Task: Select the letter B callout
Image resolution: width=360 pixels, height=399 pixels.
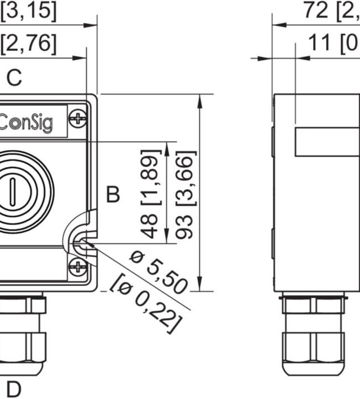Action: point(113,195)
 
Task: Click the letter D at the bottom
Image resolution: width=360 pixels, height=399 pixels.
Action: point(13,389)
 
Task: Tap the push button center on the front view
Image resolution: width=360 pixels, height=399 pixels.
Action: point(11,191)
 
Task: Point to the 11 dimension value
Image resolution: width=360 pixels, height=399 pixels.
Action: point(320,44)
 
